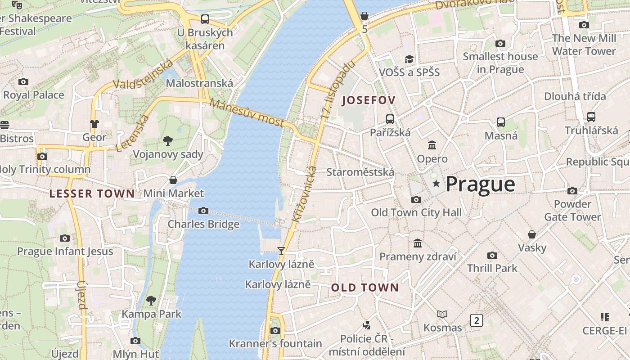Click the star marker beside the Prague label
[x=436, y=184]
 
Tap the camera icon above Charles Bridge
[x=203, y=211]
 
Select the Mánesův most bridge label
[x=247, y=113]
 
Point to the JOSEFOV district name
[x=369, y=100]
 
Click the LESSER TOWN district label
[x=92, y=194]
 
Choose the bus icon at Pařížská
[x=390, y=119]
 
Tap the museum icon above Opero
[x=432, y=145]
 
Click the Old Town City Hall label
[x=416, y=212]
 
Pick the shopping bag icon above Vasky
[x=532, y=234]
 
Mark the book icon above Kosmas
[x=442, y=314]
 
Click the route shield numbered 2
[x=476, y=320]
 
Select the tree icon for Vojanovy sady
[x=168, y=141]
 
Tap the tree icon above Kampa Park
[x=152, y=300]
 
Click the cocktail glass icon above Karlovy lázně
[x=281, y=251]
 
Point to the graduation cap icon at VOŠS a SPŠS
[x=409, y=59]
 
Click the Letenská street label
[x=132, y=133]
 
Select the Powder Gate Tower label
[x=572, y=211]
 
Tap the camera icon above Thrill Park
[x=492, y=255]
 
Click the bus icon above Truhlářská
[x=591, y=117]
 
